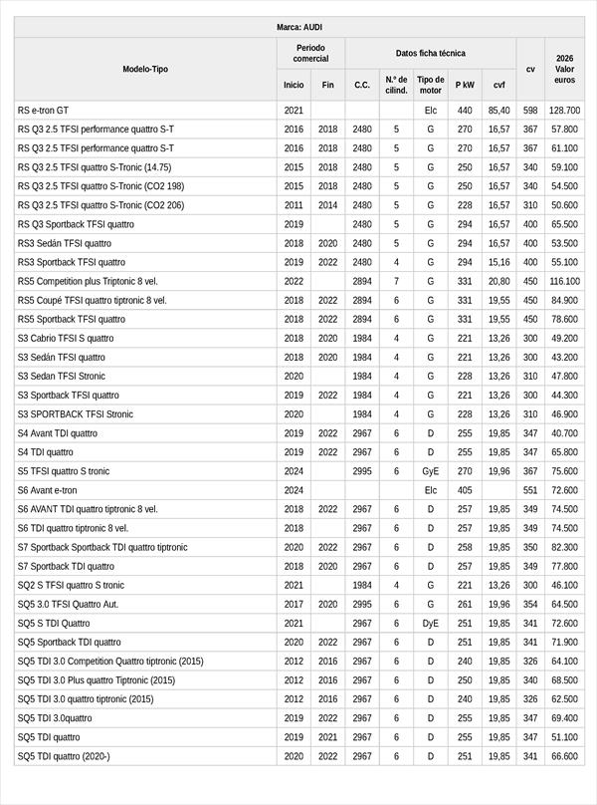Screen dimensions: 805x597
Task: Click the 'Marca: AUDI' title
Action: point(298,27)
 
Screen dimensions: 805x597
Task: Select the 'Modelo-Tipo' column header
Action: point(145,69)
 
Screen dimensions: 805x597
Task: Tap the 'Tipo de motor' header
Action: point(431,85)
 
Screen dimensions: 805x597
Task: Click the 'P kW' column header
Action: point(465,86)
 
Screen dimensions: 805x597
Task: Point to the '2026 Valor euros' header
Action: point(564,69)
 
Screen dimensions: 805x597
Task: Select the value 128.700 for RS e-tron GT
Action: point(564,110)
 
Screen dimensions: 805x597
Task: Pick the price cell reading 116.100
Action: point(564,281)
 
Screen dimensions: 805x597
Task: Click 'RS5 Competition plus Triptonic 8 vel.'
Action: point(88,281)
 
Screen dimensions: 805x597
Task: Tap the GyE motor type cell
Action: point(431,471)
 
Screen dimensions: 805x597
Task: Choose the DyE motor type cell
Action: point(431,623)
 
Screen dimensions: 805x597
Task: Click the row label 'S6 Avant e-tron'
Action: point(47,490)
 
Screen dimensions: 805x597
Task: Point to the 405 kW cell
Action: point(465,490)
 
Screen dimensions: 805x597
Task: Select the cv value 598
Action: point(530,110)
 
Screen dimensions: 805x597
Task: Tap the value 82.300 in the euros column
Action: point(564,547)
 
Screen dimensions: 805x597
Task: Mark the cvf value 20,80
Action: point(498,281)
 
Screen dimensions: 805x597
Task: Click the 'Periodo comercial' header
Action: point(310,53)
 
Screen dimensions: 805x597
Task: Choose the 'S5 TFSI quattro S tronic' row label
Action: point(64,471)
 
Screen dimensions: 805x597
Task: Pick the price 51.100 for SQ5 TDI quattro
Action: point(564,737)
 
